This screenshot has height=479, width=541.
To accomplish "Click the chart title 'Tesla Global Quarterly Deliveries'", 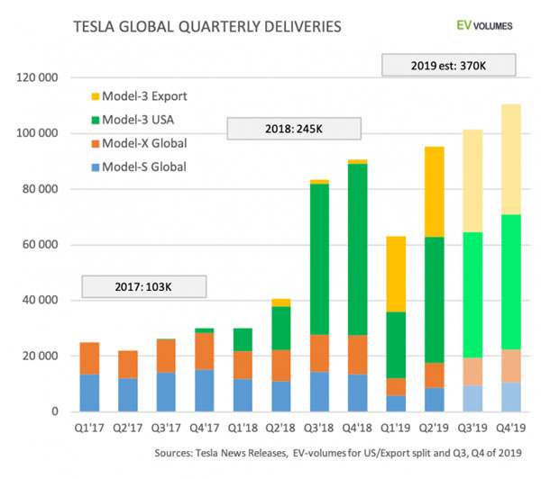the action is point(207,27).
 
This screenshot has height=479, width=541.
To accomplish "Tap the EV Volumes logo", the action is point(484,25).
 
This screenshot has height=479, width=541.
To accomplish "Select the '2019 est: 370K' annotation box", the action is point(448,65).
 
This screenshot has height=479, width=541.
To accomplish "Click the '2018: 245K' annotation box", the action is point(294,129).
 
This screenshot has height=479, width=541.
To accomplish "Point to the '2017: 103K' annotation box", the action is point(144,286).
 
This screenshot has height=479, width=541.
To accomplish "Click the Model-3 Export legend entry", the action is point(139,96).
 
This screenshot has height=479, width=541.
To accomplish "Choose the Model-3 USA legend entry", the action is point(133,120).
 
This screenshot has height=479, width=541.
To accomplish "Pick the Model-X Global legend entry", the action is point(139,143).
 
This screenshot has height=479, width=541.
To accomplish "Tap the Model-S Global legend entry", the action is point(139,167).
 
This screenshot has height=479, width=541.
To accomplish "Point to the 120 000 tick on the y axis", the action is point(37,77).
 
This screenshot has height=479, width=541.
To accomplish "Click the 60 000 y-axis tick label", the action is point(40,245).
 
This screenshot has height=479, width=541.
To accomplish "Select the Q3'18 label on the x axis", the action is point(318,428).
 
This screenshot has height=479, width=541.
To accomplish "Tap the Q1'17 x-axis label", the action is point(89,428).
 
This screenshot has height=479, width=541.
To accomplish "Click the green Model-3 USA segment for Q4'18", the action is point(357,249).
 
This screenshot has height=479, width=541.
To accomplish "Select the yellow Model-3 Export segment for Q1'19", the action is point(396,274).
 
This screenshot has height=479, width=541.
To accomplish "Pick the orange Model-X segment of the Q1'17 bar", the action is point(89,358).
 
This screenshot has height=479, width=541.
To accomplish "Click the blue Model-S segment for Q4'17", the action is point(205,391).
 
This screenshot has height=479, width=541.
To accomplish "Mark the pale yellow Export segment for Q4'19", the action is point(511,159).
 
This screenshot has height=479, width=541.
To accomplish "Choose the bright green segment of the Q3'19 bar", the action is point(472,295).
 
